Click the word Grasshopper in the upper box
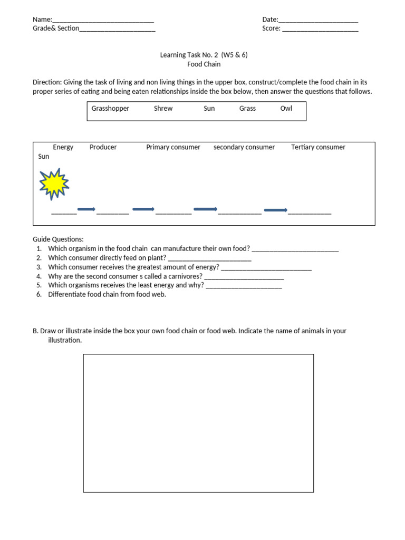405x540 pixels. tap(110, 109)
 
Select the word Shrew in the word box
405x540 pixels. tap(163, 109)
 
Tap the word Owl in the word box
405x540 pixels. tap(286, 109)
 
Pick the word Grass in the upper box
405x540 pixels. tap(247, 109)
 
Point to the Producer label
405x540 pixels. tap(103, 147)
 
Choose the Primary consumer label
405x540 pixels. tap(173, 147)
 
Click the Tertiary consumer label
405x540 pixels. tap(318, 147)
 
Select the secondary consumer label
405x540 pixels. tap(244, 147)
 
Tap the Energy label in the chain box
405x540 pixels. tap(63, 147)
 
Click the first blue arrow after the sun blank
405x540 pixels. tap(86, 209)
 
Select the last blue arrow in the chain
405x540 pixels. tap(275, 210)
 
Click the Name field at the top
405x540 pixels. tap(103, 20)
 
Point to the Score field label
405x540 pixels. tap(271, 28)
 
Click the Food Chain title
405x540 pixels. tap(204, 64)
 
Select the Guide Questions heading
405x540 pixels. tap(58, 239)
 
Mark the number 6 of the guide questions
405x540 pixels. tap(39, 294)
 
